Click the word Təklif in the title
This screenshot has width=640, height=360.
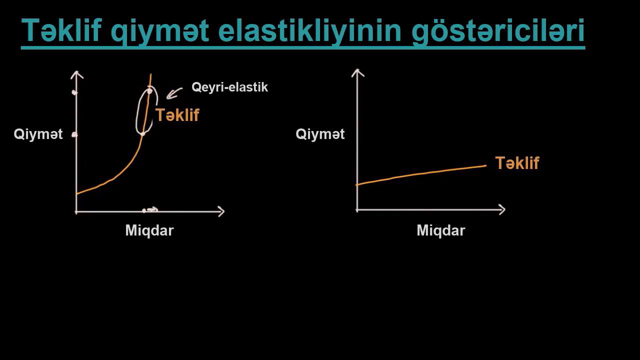(x=61, y=30)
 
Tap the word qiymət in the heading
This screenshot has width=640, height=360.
(x=160, y=31)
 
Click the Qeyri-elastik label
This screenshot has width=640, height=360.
(x=229, y=87)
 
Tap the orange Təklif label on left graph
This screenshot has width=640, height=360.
(x=177, y=115)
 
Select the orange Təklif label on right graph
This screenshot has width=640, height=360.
(x=517, y=163)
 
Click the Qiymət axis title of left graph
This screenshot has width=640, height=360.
(x=38, y=134)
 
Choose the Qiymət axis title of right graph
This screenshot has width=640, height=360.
(x=320, y=134)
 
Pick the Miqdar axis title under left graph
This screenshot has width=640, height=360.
(x=149, y=230)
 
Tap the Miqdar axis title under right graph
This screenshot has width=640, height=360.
(x=441, y=230)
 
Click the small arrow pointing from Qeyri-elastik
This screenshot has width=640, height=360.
(x=173, y=93)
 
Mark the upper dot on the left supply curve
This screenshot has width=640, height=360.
(x=149, y=91)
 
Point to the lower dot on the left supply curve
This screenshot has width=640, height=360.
(x=143, y=133)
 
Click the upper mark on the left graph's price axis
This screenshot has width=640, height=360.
(x=75, y=92)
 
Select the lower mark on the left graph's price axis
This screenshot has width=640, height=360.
(x=74, y=134)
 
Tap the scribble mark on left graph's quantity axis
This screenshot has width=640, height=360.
(x=150, y=210)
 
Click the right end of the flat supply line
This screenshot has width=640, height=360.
(x=485, y=165)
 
